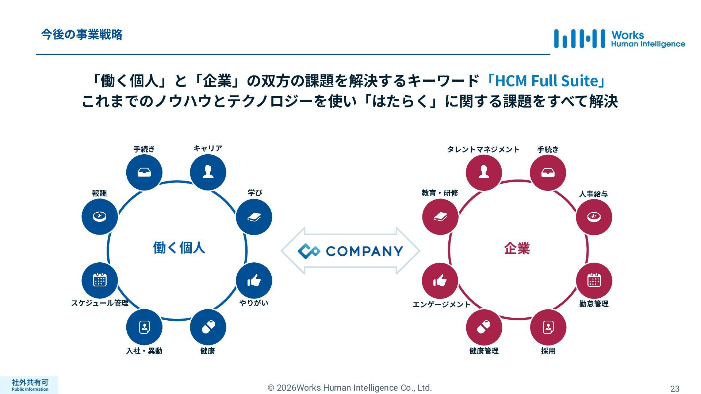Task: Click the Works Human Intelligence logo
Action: coord(619,39)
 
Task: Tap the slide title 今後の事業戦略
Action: coord(81,35)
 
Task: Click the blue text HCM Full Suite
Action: coord(546,81)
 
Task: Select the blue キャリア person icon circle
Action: coord(208,172)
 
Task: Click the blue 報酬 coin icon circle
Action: coord(100,217)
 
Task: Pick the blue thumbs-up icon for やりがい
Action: coord(254,281)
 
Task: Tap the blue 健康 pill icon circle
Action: coord(208,327)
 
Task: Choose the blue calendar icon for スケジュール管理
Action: coord(100,280)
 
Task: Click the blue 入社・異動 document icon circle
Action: coord(144,327)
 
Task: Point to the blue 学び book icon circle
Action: coord(254,217)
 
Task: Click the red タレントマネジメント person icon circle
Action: coord(484,172)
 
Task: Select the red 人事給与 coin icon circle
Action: coord(594,217)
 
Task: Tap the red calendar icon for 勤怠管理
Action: coord(594,280)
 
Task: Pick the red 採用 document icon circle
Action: coord(548,327)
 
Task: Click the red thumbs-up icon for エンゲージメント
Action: coord(440,281)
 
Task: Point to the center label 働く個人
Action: coord(179,248)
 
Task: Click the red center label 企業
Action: coord(517,248)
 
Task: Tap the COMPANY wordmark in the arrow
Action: coord(364,251)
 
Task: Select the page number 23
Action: coord(675,389)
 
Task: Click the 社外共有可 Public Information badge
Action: coord(30,385)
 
